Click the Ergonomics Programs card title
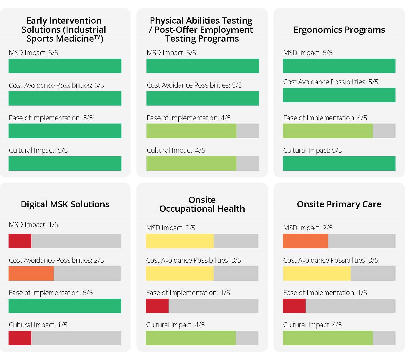[339, 30]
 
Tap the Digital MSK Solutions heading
[65, 204]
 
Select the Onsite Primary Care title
[339, 204]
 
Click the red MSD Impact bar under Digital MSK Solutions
[20, 241]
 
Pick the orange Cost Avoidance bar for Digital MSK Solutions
[31, 273]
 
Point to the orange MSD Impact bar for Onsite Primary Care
[305, 241]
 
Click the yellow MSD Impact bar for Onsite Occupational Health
[179, 241]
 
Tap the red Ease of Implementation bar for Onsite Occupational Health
[157, 306]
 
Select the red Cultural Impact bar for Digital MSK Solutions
[20, 338]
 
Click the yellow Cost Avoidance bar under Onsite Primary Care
[317, 273]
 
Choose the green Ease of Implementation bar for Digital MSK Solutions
[65, 306]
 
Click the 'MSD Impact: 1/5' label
[34, 225]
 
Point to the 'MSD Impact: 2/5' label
[308, 228]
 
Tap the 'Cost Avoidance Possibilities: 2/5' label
[56, 260]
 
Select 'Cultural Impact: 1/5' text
[38, 325]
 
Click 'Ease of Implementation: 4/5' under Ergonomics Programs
[325, 118]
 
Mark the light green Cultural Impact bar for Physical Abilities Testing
[191, 163]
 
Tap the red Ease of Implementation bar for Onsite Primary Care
[294, 306]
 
